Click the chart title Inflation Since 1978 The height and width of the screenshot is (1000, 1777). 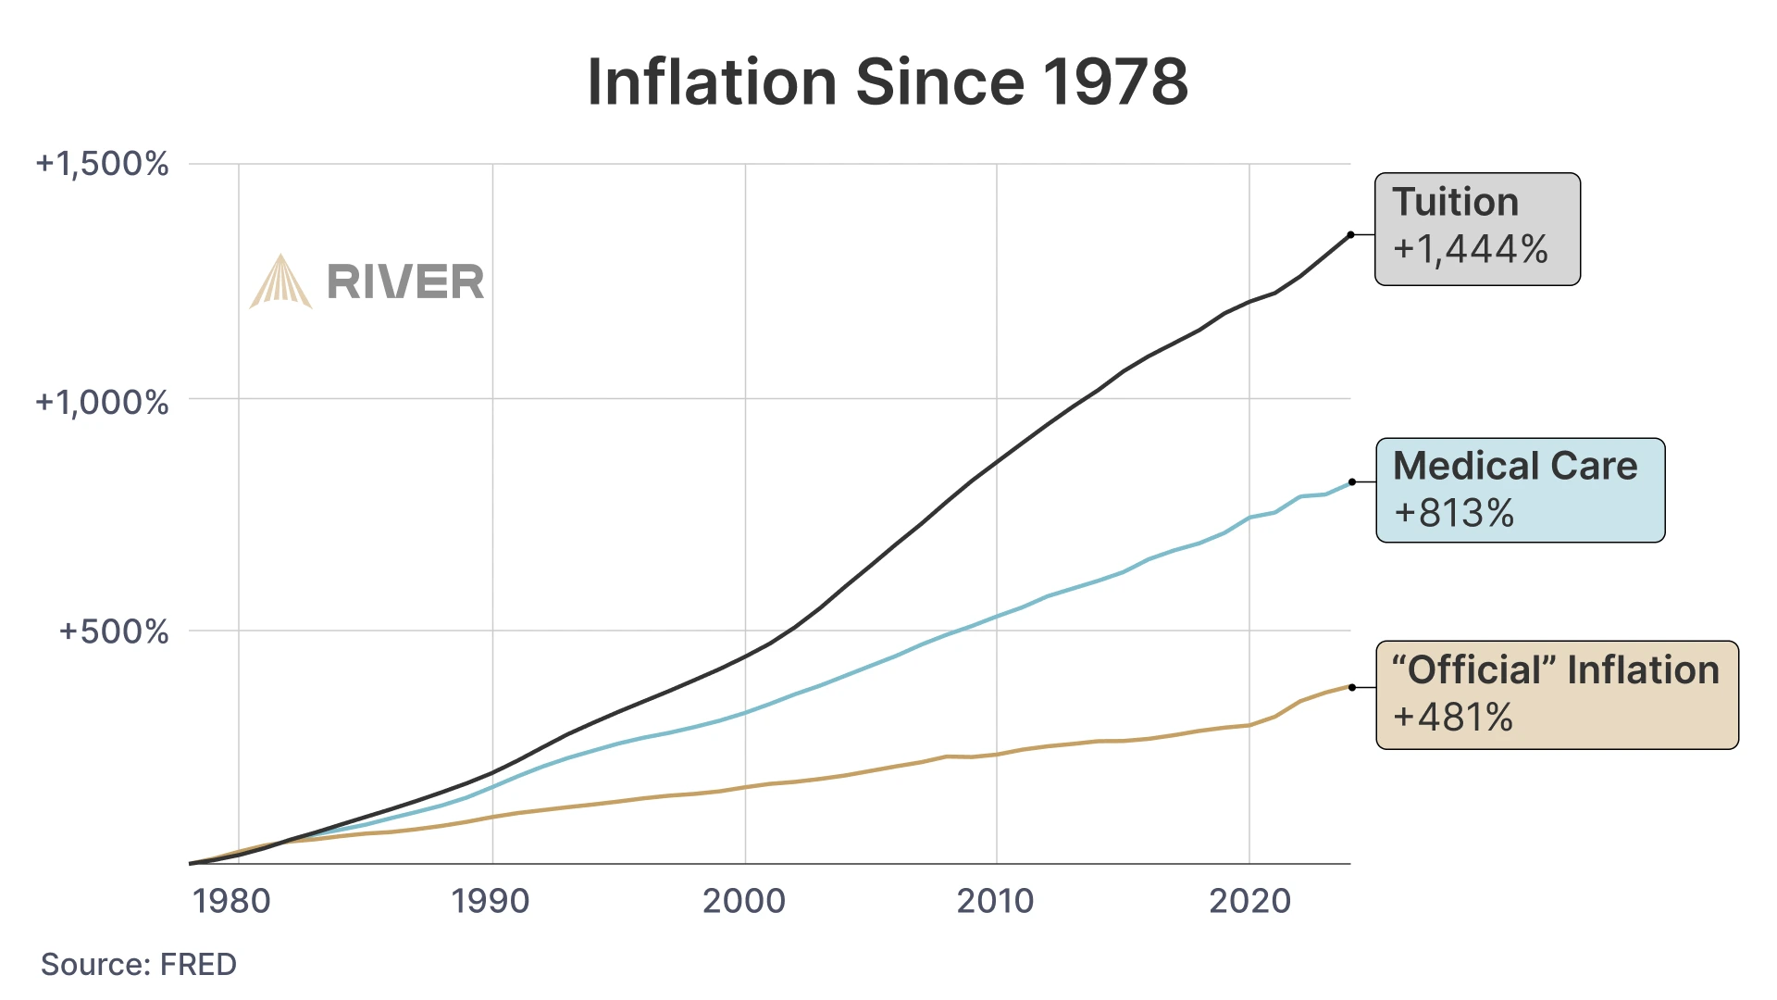(888, 82)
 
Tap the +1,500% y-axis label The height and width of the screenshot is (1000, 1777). (102, 164)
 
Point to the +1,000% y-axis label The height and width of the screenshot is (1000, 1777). (102, 402)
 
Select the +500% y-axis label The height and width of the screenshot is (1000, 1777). (114, 631)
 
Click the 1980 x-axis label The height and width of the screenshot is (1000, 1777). (231, 900)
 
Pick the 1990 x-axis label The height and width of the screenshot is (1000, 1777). (491, 900)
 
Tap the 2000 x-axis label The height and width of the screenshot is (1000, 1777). (744, 900)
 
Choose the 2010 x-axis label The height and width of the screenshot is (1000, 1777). (995, 900)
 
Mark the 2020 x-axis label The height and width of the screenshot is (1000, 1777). (1249, 900)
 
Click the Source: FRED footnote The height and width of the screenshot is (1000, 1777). (139, 964)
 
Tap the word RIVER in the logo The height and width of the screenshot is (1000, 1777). (405, 282)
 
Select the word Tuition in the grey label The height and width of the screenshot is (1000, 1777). (1456, 202)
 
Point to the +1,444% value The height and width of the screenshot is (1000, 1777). (1471, 249)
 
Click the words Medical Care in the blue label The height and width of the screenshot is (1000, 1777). (1515, 466)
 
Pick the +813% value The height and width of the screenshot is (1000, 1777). (1454, 513)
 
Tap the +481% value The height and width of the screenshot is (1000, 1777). (1453, 718)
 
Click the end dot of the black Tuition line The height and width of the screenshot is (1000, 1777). (1351, 235)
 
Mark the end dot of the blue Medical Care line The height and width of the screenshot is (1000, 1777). (1352, 482)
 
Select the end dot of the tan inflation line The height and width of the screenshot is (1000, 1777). (1352, 687)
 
